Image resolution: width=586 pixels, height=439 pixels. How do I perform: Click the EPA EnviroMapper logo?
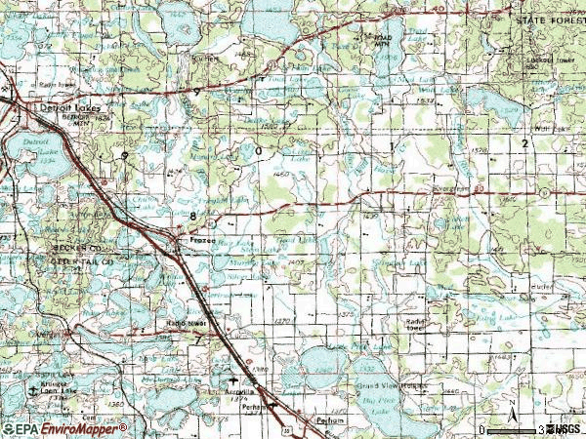click(64, 428)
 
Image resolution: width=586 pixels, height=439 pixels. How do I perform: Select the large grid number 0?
click(259, 152)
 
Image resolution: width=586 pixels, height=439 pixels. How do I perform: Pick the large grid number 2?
click(524, 143)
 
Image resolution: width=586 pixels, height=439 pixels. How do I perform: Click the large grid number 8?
click(179, 214)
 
